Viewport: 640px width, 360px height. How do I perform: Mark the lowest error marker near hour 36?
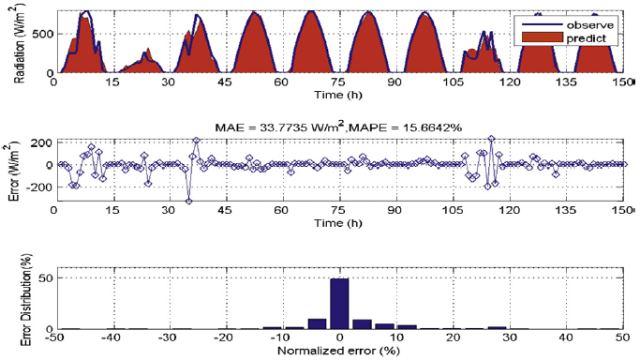(x=189, y=201)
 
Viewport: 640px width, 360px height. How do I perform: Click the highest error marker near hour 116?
(x=490, y=139)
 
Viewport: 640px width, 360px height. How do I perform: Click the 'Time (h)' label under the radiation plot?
(x=338, y=95)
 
